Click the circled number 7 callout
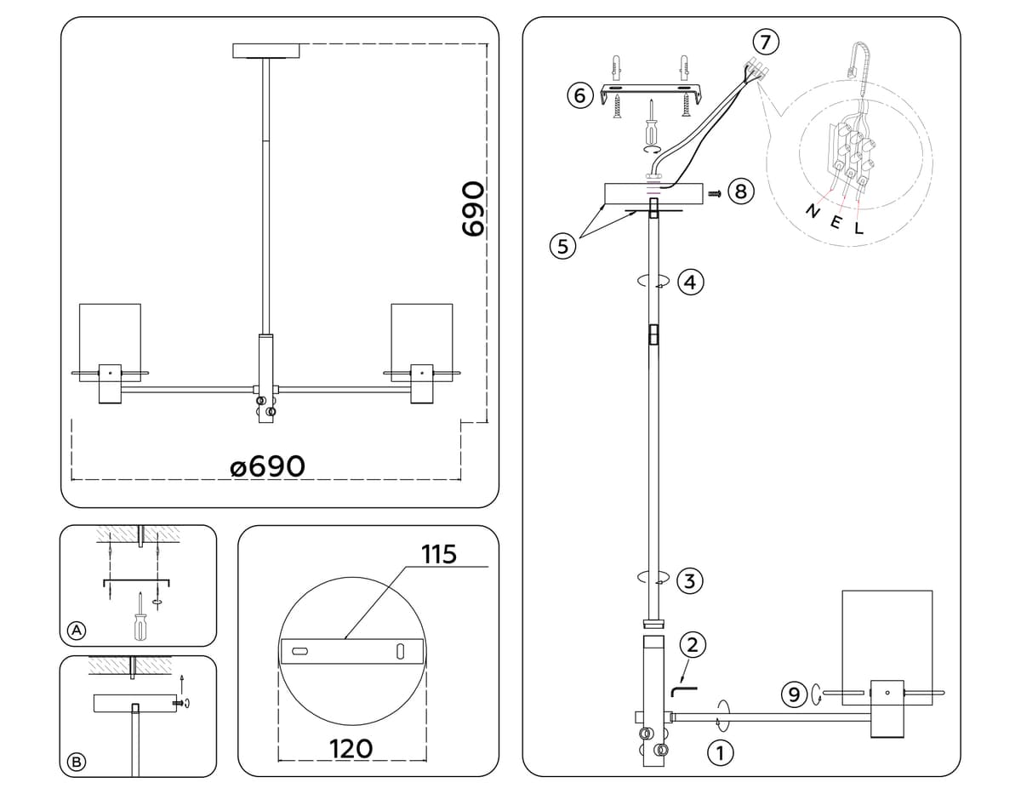tap(766, 41)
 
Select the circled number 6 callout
tap(579, 95)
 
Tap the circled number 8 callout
tap(740, 191)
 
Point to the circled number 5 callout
tap(561, 247)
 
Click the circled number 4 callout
tap(690, 283)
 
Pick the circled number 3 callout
tap(690, 582)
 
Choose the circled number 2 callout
tap(692, 645)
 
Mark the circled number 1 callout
tap(720, 752)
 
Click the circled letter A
tap(77, 631)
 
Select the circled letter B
tap(77, 762)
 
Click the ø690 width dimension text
tap(267, 466)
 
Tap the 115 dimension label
tap(439, 555)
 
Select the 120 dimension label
tap(351, 748)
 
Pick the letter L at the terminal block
tap(858, 228)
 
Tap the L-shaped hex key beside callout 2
tap(683, 685)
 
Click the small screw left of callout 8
tap(715, 193)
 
